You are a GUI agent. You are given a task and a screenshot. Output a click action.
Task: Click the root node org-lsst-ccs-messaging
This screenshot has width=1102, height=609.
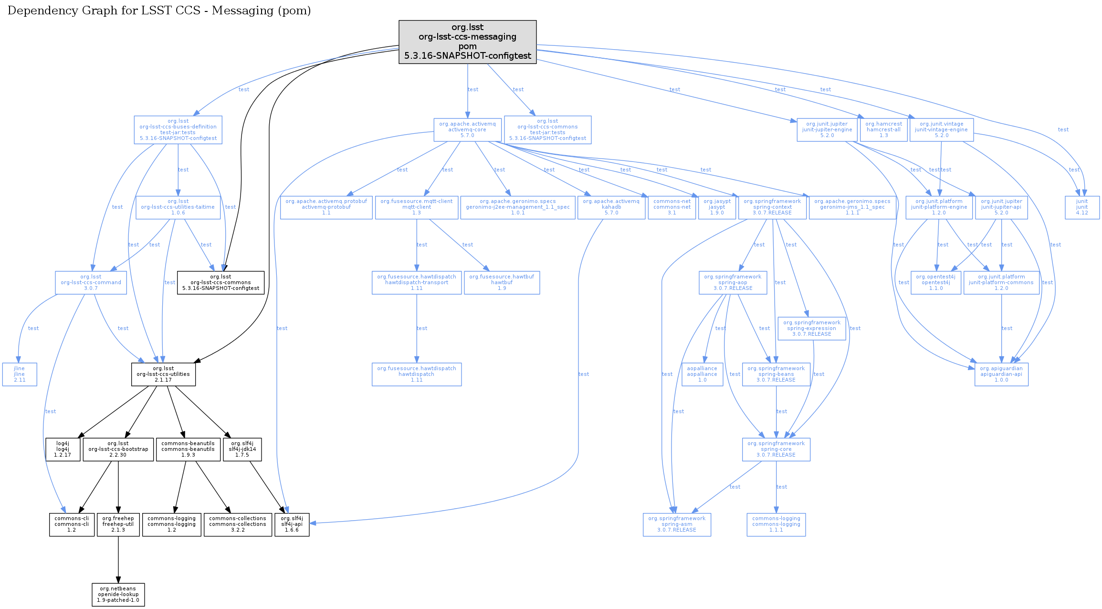(x=467, y=42)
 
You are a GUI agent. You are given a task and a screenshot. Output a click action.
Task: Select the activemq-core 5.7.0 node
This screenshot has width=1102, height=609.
(x=467, y=130)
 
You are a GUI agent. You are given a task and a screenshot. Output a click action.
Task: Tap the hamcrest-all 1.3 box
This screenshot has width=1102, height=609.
(x=883, y=130)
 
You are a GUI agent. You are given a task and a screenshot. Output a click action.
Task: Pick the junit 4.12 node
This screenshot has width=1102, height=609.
(x=1082, y=207)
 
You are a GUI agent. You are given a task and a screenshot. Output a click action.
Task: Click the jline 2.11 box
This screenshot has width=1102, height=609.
(x=20, y=374)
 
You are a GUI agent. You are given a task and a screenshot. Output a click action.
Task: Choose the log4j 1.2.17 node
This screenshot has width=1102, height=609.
(x=63, y=449)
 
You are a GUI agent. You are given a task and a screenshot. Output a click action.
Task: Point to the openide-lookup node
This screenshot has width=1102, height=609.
(x=118, y=595)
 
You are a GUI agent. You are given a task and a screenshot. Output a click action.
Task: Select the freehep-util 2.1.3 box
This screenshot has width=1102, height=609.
(x=118, y=524)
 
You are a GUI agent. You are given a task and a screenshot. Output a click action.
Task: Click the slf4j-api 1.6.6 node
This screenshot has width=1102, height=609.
(x=292, y=524)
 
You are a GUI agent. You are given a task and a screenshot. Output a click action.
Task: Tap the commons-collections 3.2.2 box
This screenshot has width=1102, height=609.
(x=238, y=524)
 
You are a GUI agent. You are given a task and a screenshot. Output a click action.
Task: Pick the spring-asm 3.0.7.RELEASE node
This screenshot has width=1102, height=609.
(x=677, y=524)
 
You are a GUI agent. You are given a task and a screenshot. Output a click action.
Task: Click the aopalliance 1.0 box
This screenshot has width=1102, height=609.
(x=702, y=374)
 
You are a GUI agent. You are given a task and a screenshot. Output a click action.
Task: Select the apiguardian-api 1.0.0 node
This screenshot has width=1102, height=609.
(x=1001, y=374)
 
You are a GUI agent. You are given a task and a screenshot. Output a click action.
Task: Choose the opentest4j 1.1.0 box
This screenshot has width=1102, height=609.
(x=935, y=283)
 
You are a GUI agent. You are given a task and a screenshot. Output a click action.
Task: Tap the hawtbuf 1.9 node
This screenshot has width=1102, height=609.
(x=502, y=283)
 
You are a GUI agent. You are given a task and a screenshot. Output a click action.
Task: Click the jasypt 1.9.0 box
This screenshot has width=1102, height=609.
(x=717, y=207)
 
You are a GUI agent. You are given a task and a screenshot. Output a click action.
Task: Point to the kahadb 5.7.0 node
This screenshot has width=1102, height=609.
(x=611, y=207)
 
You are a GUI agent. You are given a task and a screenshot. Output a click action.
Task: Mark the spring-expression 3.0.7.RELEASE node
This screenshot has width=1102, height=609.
(x=811, y=329)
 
